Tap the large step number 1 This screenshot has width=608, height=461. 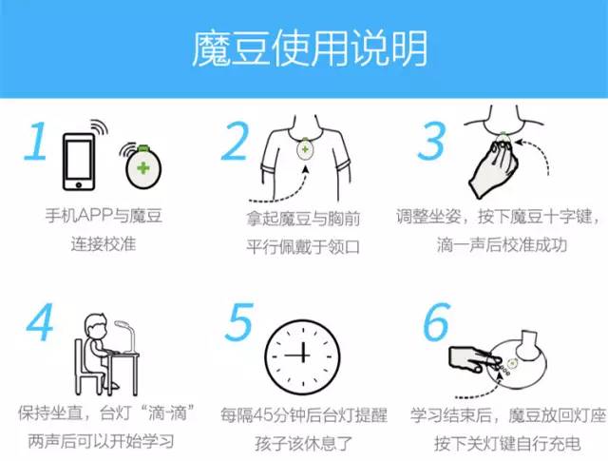click(x=35, y=142)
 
